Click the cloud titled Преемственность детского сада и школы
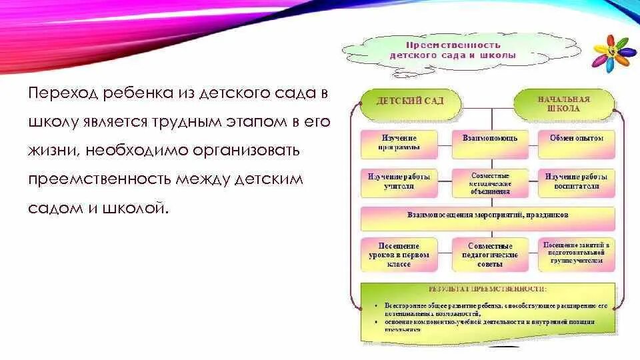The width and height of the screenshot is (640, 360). click(x=453, y=51)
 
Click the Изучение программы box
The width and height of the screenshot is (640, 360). click(x=399, y=143)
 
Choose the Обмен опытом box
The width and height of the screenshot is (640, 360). click(x=576, y=143)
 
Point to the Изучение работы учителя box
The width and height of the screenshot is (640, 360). click(x=399, y=182)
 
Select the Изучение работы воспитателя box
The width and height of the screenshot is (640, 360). click(x=576, y=182)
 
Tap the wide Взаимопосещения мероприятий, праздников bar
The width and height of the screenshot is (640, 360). click(x=487, y=217)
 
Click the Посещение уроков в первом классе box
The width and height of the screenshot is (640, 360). click(x=399, y=255)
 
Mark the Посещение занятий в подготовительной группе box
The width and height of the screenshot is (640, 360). click(x=576, y=254)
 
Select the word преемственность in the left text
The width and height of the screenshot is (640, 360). click(x=100, y=179)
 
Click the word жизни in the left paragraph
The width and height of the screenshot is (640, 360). click(x=53, y=151)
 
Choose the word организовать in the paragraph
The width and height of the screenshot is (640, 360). click(x=247, y=151)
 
